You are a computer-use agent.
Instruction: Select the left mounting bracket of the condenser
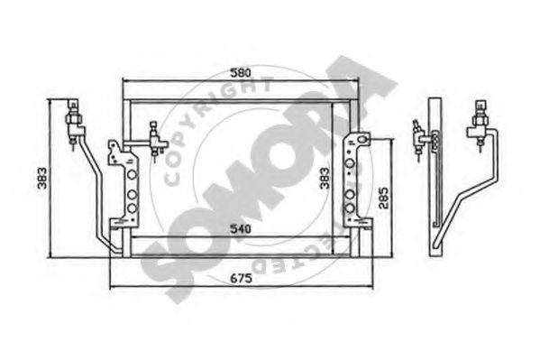click(x=124, y=185)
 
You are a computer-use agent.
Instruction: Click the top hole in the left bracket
click(x=133, y=175)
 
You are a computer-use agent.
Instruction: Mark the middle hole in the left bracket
click(x=133, y=192)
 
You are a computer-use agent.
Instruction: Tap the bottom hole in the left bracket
click(x=133, y=208)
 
